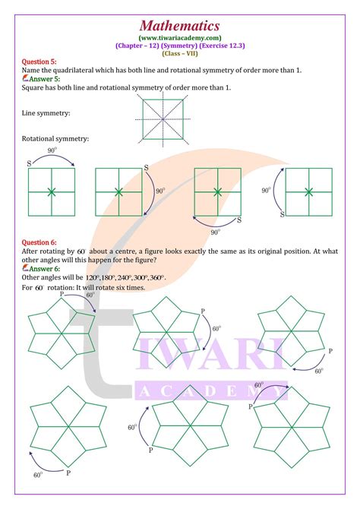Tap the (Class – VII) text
(179, 54)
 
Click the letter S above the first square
(30, 162)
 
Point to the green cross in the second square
(117, 191)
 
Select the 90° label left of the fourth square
(266, 190)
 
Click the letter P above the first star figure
(72, 294)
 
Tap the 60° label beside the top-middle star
(216, 329)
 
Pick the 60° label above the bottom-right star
(259, 385)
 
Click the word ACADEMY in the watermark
(213, 392)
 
